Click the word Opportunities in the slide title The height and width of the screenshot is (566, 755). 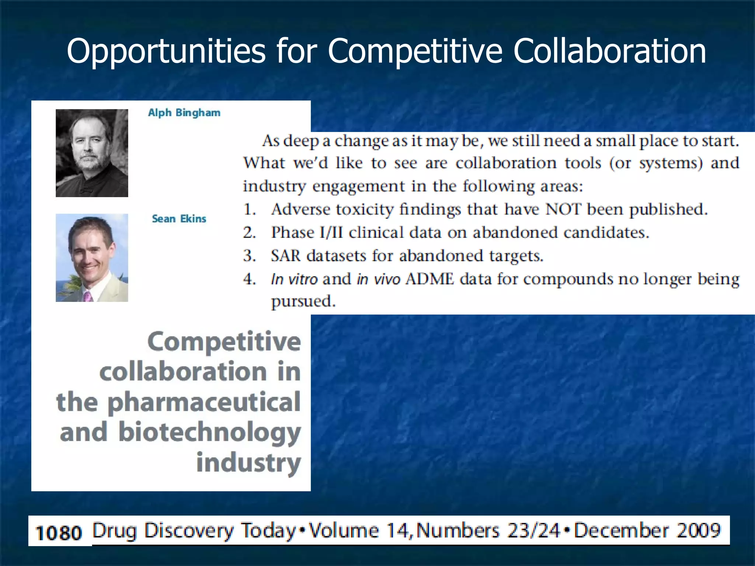pos(166,52)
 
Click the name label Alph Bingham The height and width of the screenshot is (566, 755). pos(184,113)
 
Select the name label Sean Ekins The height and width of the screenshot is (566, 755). pos(179,219)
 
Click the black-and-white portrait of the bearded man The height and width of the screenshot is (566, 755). pos(92,153)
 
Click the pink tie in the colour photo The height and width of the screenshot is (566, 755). pos(88,296)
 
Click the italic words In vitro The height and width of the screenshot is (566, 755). pos(294,279)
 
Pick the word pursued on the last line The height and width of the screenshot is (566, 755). pos(303,302)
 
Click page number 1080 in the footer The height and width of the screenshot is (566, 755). pos(58,533)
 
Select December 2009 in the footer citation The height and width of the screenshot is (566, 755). pos(647,531)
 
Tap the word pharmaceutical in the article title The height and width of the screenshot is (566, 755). pos(204,402)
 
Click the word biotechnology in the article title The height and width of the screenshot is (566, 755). pos(209,433)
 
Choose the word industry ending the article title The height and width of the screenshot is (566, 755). pos(248,463)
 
